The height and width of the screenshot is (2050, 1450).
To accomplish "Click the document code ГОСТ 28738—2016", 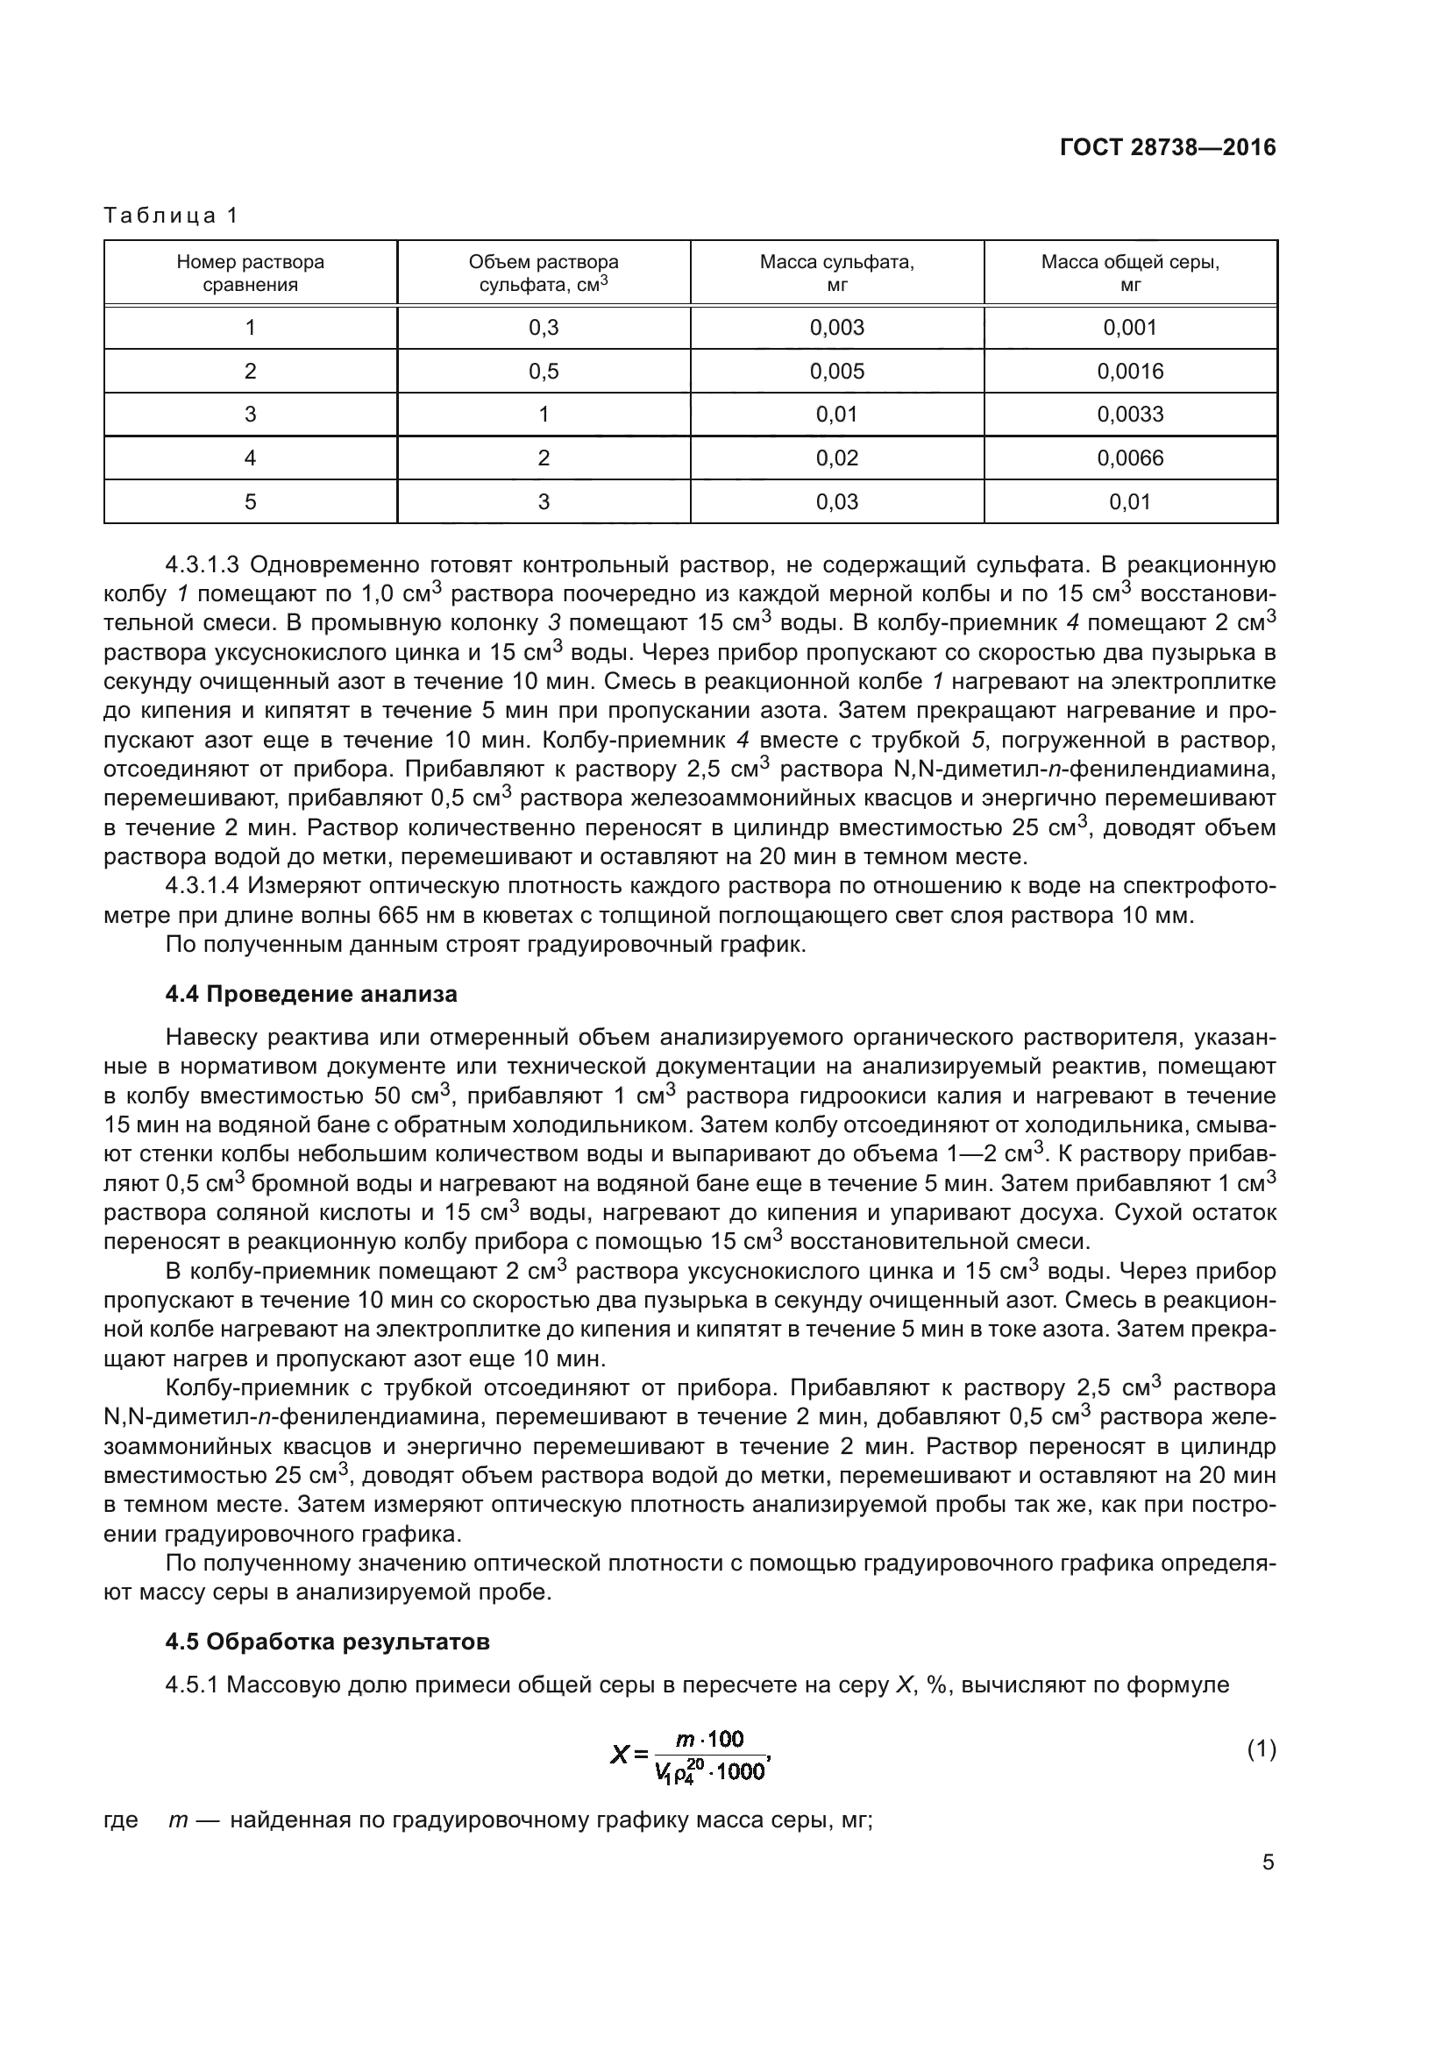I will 1168,148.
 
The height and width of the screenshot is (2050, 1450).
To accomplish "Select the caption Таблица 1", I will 172,216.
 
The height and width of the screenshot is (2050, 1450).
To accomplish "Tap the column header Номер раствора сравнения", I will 250,273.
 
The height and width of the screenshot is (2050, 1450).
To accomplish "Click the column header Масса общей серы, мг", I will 1130,273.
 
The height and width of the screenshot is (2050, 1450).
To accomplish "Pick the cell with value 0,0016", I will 1130,372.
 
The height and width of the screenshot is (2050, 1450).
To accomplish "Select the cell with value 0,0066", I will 1130,459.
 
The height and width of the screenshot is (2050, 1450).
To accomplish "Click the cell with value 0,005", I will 836,372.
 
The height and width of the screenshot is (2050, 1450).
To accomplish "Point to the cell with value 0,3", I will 544,328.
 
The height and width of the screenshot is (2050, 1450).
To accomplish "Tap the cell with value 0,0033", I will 1130,415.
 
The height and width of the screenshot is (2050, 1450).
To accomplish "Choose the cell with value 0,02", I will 836,459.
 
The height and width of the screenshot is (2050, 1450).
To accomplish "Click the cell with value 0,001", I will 1130,328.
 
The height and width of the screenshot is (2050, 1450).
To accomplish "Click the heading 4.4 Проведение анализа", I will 310,995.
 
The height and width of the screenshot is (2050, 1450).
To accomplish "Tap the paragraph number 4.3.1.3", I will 203,565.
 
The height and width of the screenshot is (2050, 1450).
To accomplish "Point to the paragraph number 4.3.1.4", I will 203,886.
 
